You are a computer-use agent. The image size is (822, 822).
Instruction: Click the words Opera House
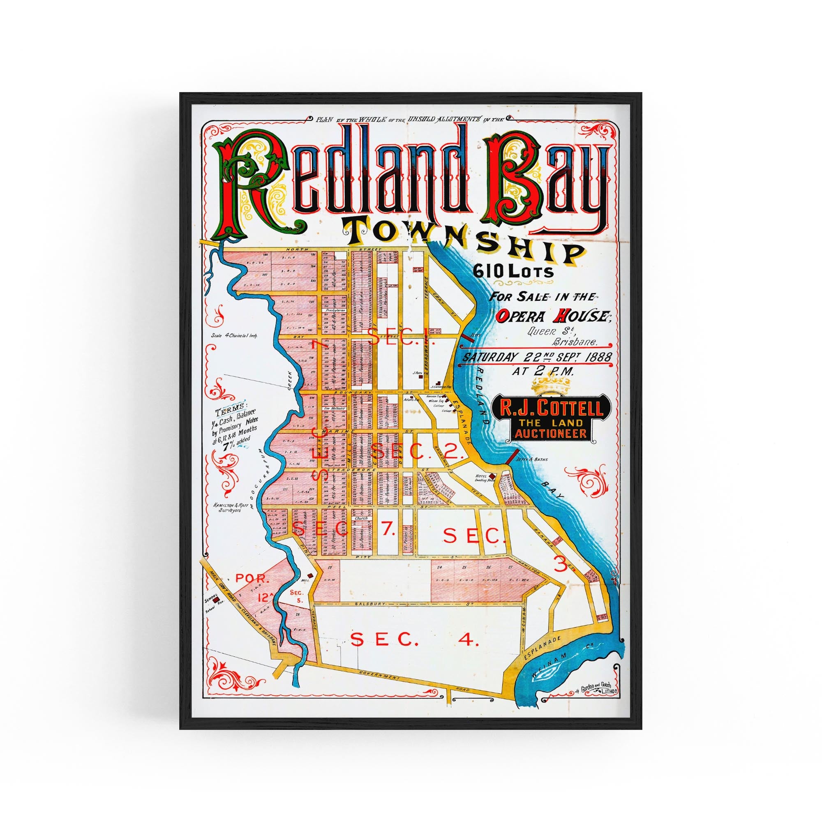tap(554, 316)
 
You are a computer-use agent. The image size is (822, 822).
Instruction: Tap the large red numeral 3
tap(561, 565)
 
